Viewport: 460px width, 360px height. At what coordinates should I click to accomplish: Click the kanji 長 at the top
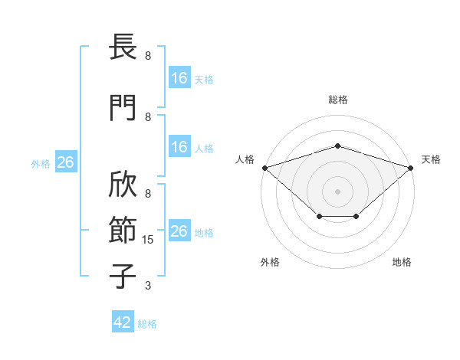coord(123,46)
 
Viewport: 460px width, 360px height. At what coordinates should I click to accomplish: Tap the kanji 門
coord(123,107)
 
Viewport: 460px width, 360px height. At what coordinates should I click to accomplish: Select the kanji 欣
coord(123,184)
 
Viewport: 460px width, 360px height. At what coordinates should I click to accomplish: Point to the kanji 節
coord(123,230)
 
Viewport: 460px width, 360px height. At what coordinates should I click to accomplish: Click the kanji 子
coord(123,276)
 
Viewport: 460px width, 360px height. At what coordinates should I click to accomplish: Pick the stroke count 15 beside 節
coord(147,240)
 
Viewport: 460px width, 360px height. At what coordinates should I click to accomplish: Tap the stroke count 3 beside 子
coord(148,285)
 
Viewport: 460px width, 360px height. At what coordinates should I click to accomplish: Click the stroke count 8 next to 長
coord(148,56)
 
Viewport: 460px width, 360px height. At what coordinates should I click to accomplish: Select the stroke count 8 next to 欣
coord(148,194)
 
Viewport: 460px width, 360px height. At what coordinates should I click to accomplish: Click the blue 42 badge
coord(123,321)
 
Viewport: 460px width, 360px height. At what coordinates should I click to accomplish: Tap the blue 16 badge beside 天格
coord(179,77)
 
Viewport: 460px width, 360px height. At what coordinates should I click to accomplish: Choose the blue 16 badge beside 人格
coord(179,146)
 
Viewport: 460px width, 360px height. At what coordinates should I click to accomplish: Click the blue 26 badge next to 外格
coord(66,162)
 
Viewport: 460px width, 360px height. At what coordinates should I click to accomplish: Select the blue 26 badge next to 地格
coord(179,230)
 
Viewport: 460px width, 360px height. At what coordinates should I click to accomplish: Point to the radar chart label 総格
coord(338,100)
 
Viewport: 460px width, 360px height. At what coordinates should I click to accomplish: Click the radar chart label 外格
coord(270,262)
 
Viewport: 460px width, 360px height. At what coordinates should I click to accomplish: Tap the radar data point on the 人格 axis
coord(265,168)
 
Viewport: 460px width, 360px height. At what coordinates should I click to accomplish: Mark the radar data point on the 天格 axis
coord(411,168)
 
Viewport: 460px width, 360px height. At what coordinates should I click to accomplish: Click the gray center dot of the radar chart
coord(337,191)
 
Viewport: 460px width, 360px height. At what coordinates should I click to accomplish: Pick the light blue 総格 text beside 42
coord(147,324)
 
